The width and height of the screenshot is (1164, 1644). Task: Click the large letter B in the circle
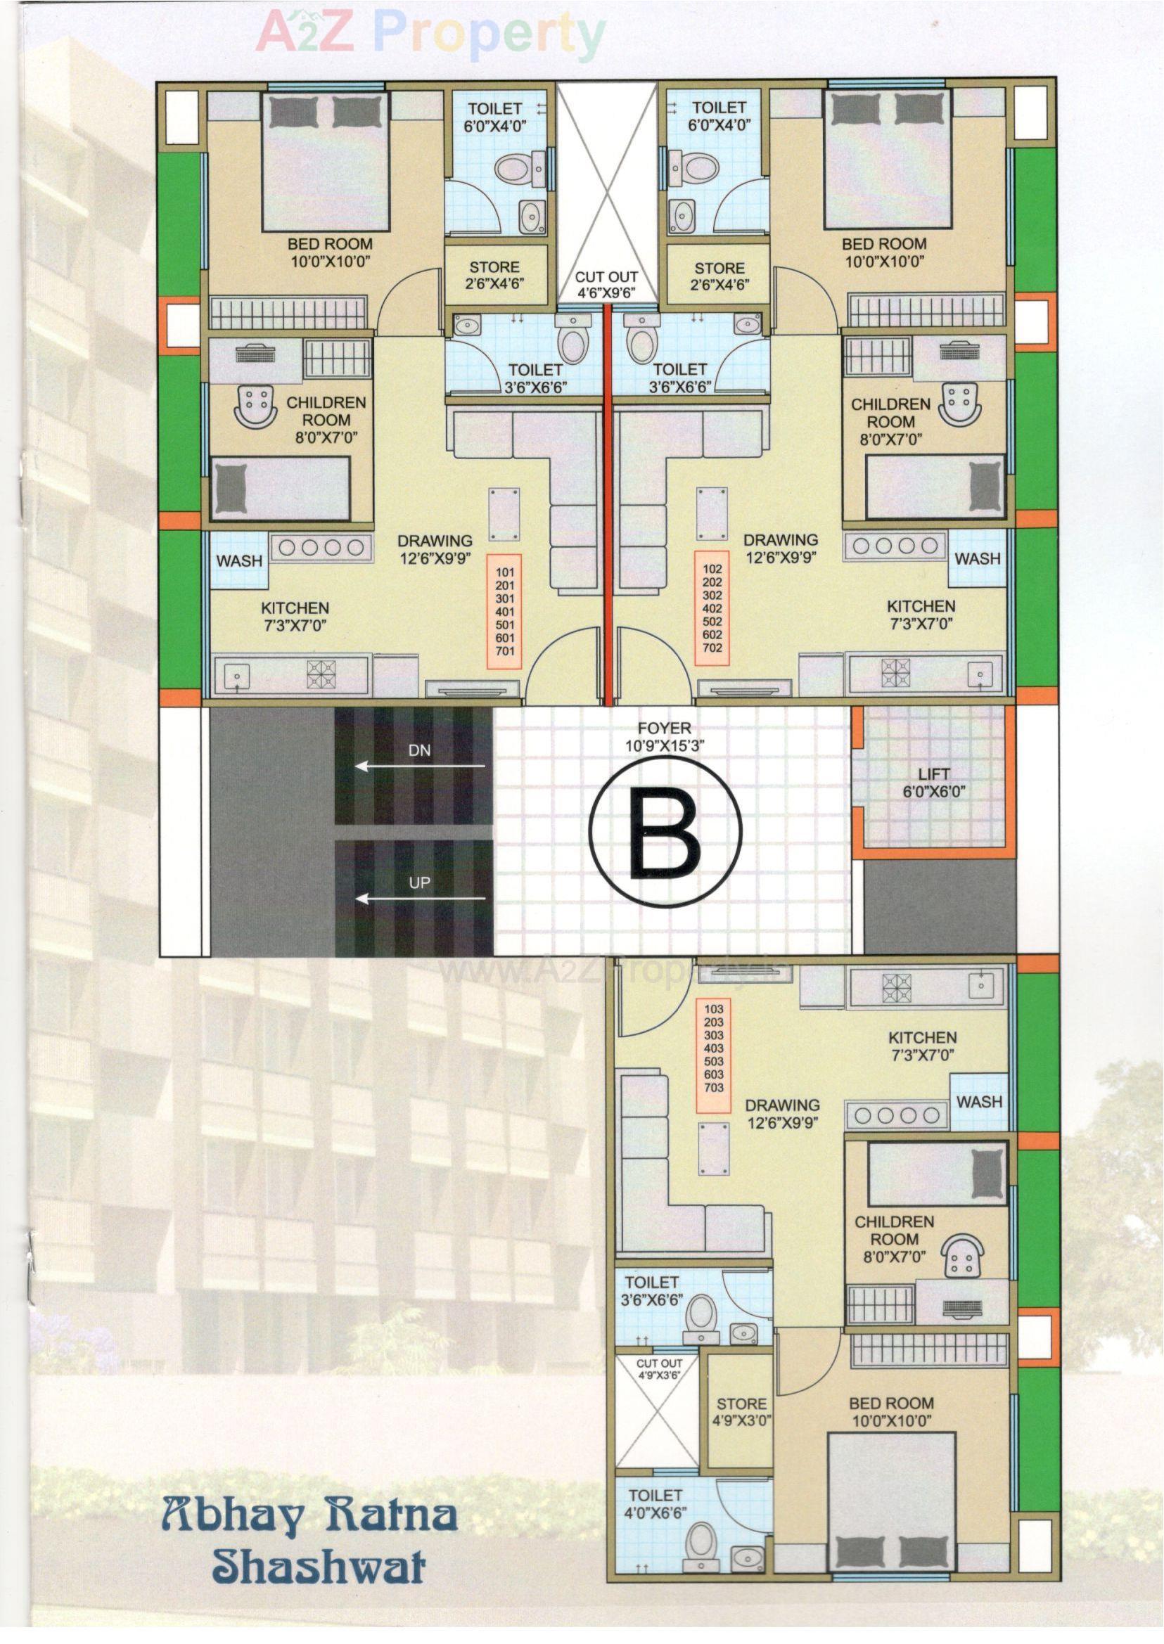click(665, 832)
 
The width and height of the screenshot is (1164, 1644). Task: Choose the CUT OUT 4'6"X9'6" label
click(606, 283)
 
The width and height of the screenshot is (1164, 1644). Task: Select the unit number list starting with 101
click(504, 611)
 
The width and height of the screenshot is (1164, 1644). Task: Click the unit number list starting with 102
click(712, 610)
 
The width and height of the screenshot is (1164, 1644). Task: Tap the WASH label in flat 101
click(239, 560)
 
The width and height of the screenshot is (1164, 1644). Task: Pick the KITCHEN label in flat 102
click(921, 614)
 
